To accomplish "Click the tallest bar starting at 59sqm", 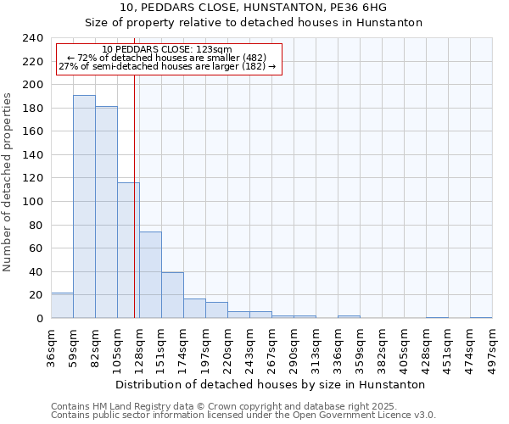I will pos(84,207).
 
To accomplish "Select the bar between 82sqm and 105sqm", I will pos(106,212).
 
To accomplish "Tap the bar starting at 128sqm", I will pos(150,275).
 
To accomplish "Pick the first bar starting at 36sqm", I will pos(62,305).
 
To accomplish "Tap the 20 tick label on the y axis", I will pos(36,295).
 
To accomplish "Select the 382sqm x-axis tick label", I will pos(383,348).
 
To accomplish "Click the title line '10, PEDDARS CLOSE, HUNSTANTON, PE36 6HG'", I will pos(254,8).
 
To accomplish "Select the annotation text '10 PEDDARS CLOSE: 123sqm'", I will pos(166,50).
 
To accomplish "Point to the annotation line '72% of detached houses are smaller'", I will pos(166,58).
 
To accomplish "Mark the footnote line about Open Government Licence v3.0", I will pos(243,416).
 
